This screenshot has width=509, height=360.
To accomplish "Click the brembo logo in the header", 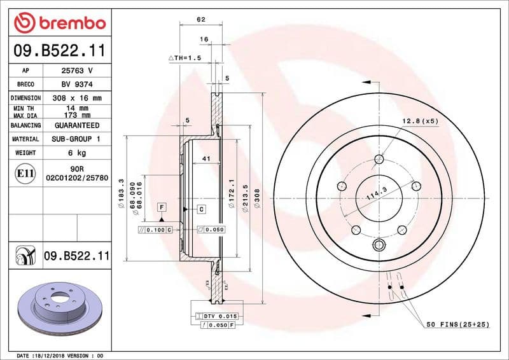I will (x=59, y=23).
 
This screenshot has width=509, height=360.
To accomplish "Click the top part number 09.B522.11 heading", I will (x=59, y=50).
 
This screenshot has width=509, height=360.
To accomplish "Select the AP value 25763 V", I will (x=76, y=71).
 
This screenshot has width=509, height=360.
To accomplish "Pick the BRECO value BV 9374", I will (x=76, y=84).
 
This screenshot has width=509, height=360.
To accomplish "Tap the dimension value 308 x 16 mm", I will (x=76, y=98).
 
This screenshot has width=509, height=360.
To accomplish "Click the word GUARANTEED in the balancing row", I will (x=76, y=125).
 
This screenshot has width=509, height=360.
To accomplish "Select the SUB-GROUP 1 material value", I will (x=76, y=139).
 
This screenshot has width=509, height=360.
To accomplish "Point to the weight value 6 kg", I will (x=76, y=153).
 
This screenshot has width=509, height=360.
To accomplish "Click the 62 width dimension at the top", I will (x=201, y=20).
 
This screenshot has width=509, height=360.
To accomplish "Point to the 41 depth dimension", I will (x=206, y=158).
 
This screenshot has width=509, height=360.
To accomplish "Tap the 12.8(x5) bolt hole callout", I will (x=420, y=121).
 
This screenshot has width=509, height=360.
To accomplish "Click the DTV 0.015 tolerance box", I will (x=219, y=316).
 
